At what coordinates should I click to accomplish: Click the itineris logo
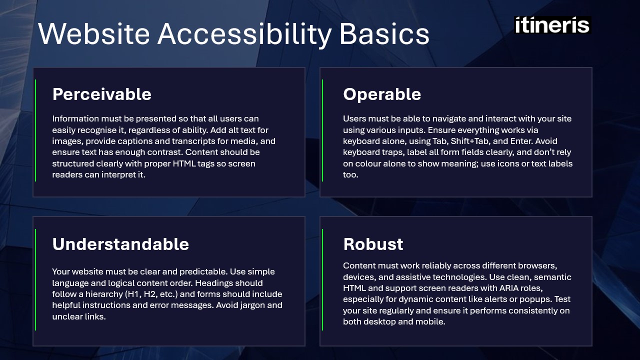(552, 25)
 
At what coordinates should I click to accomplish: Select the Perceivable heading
(101, 94)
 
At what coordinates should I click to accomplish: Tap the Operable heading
(382, 94)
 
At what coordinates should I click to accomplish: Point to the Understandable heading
(120, 244)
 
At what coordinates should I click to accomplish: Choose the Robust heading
(373, 244)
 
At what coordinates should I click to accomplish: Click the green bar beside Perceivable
(35, 130)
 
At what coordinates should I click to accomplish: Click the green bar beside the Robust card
(322, 279)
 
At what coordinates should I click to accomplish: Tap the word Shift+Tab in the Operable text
(467, 141)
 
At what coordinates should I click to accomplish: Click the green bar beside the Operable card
(322, 130)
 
